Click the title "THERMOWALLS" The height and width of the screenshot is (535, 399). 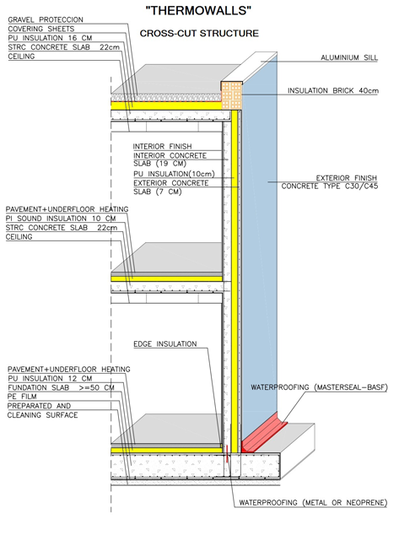[x=198, y=11]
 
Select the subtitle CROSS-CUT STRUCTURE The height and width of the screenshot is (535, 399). [x=199, y=34]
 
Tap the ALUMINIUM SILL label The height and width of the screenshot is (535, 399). [x=349, y=57]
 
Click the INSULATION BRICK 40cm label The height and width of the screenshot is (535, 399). [x=333, y=91]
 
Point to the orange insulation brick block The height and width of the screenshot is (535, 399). [x=232, y=95]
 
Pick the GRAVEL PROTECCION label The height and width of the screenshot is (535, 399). [x=46, y=19]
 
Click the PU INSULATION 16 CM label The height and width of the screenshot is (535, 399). [x=50, y=38]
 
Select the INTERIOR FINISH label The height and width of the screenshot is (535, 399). [x=162, y=146]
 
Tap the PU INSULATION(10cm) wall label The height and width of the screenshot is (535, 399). [x=174, y=174]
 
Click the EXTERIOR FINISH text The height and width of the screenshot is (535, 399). [x=347, y=178]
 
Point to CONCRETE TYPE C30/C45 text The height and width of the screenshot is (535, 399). [x=330, y=186]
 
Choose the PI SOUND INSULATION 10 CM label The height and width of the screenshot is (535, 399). [x=61, y=219]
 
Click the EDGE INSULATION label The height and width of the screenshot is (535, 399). [x=165, y=344]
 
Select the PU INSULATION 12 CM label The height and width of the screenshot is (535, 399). [x=50, y=378]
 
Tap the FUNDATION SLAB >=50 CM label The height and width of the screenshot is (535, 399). [x=61, y=387]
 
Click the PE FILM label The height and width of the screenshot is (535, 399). [x=22, y=397]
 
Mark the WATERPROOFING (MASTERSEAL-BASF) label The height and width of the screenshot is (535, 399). [x=319, y=387]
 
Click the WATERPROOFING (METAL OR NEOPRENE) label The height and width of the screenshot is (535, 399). [x=313, y=503]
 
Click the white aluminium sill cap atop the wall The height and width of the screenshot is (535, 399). [x=249, y=67]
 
